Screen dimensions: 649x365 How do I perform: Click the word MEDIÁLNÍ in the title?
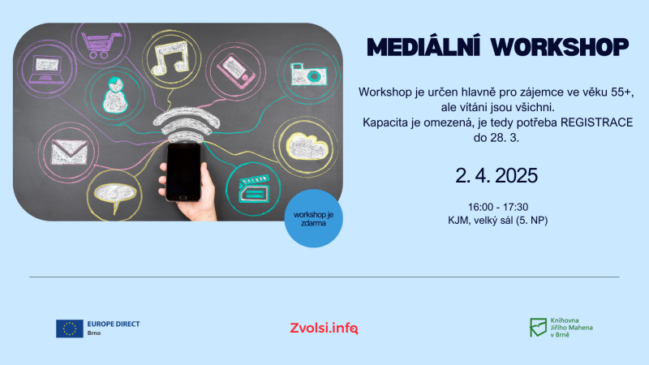pyautogui.click(x=423, y=47)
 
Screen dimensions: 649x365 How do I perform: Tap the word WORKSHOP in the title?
pyautogui.click(x=560, y=47)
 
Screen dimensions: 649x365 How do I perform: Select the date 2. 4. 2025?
pyautogui.click(x=496, y=175)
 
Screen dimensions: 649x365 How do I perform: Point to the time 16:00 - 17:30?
pyautogui.click(x=498, y=207)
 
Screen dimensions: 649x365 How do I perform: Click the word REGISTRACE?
pyautogui.click(x=596, y=122)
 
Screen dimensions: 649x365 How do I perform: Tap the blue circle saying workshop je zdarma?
pyautogui.click(x=313, y=218)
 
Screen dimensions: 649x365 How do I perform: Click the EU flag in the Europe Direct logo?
pyautogui.click(x=70, y=328)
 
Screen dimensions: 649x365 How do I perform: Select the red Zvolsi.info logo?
pyautogui.click(x=324, y=328)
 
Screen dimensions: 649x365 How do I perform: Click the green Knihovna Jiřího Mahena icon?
pyautogui.click(x=538, y=328)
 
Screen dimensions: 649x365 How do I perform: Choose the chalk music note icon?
pyautogui.click(x=170, y=58)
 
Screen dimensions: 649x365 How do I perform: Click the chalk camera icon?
pyautogui.click(x=308, y=74)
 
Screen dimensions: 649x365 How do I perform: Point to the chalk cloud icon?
pyautogui.click(x=307, y=146)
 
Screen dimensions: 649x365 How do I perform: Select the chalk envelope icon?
pyautogui.click(x=69, y=152)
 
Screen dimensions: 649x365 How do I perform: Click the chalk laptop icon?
pyautogui.click(x=47, y=69)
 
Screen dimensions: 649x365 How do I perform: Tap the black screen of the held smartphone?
pyautogui.click(x=183, y=170)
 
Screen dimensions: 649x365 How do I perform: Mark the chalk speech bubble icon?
pyautogui.click(x=115, y=196)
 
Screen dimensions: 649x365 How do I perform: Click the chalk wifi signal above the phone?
pyautogui.click(x=187, y=124)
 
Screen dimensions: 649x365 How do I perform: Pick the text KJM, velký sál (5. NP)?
pyautogui.click(x=497, y=221)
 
